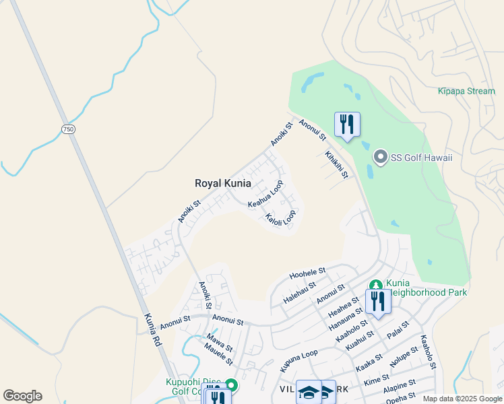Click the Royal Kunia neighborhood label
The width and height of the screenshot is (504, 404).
tap(222, 183)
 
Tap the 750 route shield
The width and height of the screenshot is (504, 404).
tap(67, 129)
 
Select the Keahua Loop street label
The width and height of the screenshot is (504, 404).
tap(265, 195)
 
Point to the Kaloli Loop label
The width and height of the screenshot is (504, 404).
tap(280, 219)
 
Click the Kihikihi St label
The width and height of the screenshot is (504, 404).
tap(336, 164)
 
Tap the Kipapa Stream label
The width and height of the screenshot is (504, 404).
tap(466, 91)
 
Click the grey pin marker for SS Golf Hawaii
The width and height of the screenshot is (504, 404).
tap(381, 158)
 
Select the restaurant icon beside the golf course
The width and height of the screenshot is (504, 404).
tap(347, 125)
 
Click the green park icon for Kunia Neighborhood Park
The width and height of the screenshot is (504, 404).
tap(375, 285)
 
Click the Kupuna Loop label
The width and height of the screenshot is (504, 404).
tap(298, 362)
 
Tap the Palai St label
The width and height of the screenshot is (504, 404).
tap(398, 329)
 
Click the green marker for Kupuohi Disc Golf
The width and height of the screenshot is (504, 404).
tap(231, 385)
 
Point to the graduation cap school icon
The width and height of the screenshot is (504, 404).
tap(309, 392)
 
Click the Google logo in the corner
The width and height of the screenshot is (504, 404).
tap(22, 396)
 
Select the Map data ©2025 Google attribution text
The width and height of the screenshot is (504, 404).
tap(462, 399)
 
